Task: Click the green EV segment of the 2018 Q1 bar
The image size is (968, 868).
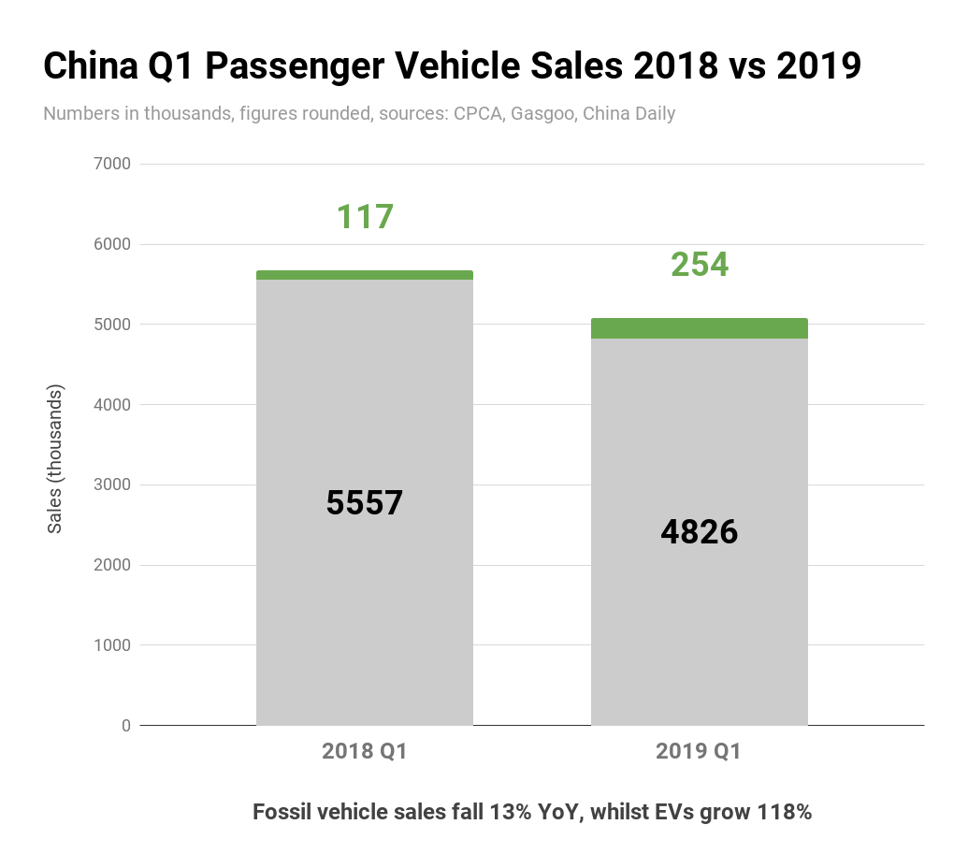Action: click(x=364, y=275)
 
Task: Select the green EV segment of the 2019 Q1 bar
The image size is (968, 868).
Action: click(x=699, y=328)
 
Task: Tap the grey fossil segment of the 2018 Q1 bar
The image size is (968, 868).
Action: click(x=364, y=608)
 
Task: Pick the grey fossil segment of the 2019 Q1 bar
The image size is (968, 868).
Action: click(x=699, y=636)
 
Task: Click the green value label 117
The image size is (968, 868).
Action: click(x=365, y=217)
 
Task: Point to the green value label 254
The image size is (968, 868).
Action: click(x=700, y=265)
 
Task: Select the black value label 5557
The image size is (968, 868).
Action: click(x=364, y=503)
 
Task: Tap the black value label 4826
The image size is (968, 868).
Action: click(x=699, y=532)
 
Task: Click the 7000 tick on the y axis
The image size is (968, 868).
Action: click(x=112, y=165)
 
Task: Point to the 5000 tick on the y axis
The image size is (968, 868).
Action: click(x=112, y=325)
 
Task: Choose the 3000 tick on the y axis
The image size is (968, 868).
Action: click(x=112, y=485)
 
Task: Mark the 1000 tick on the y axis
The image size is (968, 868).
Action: click(x=112, y=645)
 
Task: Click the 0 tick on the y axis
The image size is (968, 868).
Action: click(x=125, y=726)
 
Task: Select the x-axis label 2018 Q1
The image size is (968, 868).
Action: click(x=364, y=751)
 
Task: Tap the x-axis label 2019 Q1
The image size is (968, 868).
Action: click(x=699, y=751)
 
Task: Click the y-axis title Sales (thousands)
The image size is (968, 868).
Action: click(x=55, y=458)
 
